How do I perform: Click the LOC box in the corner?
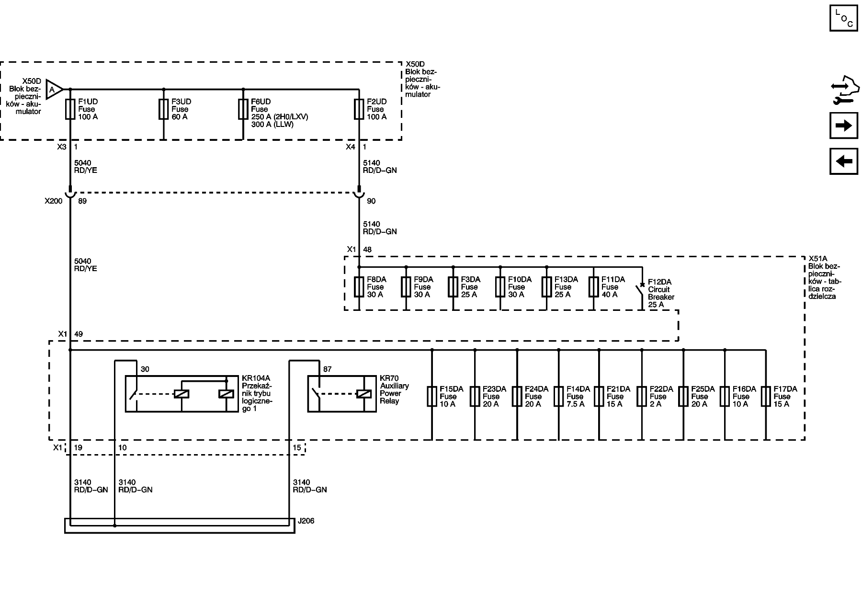point(843,18)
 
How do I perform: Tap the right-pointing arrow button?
point(843,126)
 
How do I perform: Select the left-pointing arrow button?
point(843,161)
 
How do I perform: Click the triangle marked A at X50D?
point(54,89)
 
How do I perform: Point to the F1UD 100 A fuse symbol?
point(70,109)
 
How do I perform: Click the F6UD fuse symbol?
point(243,109)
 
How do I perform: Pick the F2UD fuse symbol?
point(359,109)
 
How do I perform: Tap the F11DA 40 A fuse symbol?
point(594,287)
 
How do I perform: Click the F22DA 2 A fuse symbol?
point(642,397)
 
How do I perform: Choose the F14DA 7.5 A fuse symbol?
point(558,397)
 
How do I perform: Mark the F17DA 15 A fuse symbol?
point(765,397)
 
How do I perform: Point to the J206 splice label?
point(306,521)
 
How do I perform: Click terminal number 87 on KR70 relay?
point(328,369)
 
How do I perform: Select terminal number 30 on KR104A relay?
point(145,369)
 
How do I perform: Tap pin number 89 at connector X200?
point(82,201)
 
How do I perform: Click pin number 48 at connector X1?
point(367,250)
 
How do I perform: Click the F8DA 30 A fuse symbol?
point(359,287)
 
